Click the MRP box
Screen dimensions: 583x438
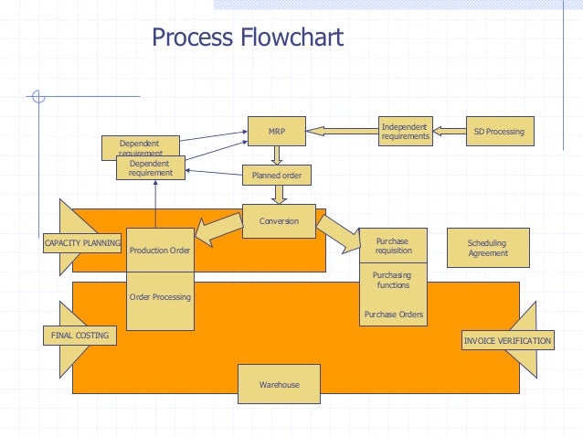click(x=277, y=131)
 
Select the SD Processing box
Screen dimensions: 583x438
click(x=500, y=131)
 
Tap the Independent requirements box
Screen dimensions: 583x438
click(x=406, y=131)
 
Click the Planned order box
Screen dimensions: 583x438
click(x=277, y=175)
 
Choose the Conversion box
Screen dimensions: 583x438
click(x=279, y=221)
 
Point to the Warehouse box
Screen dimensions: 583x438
click(x=279, y=384)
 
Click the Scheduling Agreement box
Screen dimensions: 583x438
click(x=488, y=248)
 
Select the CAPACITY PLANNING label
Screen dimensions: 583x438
click(x=82, y=243)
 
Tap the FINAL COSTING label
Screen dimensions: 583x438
click(x=79, y=336)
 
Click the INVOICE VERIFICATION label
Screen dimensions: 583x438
click(x=508, y=340)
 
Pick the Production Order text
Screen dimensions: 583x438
click(x=160, y=251)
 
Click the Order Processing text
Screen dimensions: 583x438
click(x=160, y=297)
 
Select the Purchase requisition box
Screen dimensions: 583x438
click(x=393, y=246)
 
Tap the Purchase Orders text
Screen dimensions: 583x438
click(x=394, y=315)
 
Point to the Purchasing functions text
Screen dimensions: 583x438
click(x=392, y=280)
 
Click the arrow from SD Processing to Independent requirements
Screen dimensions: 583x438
click(x=450, y=131)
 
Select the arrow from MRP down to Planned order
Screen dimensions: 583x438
click(x=277, y=155)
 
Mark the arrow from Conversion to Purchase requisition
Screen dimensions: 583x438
click(x=338, y=234)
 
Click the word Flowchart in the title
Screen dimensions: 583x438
click(x=291, y=37)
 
